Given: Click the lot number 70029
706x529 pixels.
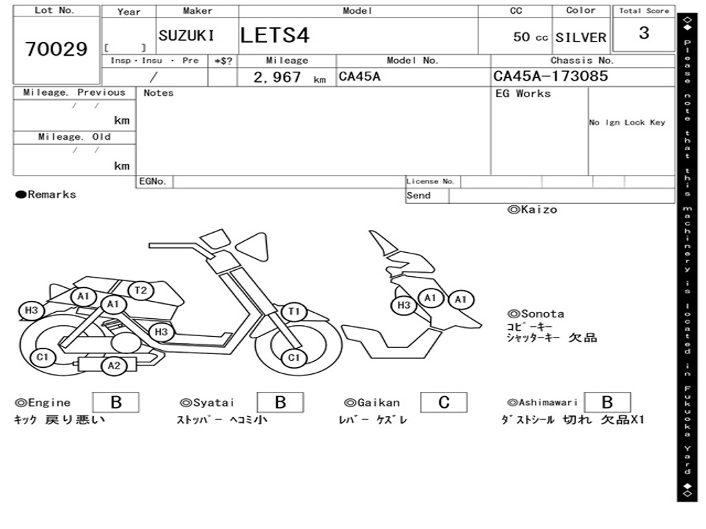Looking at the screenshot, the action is point(57,49).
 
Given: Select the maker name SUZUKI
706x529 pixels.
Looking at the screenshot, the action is point(186,35).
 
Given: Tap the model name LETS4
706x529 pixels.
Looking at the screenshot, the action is point(274,35).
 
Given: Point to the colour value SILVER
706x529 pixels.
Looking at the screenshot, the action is point(581,37).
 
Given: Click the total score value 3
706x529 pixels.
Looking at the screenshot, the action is point(644,32).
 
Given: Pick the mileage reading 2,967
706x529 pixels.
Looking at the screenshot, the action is point(277,77).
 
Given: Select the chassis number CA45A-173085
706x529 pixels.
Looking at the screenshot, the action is point(551,76).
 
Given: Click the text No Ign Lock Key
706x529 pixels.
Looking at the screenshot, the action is point(627,123).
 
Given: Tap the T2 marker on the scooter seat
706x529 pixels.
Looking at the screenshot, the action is point(141,290).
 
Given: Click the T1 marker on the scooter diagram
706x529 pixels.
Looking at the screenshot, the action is point(294,311).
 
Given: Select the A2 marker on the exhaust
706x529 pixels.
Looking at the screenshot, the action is point(114,366).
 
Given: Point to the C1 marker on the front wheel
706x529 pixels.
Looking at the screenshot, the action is point(294,357).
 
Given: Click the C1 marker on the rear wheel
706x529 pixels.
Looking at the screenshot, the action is point(42,357).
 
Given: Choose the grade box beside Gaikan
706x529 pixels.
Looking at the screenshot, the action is point(444,402).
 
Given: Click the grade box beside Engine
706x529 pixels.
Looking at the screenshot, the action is point(116,402).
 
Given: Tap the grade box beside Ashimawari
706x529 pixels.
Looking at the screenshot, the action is point(607,402).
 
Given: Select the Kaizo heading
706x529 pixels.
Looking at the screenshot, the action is point(532,209).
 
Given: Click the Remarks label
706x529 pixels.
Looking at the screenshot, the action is point(46,194).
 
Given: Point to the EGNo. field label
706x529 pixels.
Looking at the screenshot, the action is point(152,181).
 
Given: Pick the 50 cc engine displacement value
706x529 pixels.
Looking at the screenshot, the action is point(530,37).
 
